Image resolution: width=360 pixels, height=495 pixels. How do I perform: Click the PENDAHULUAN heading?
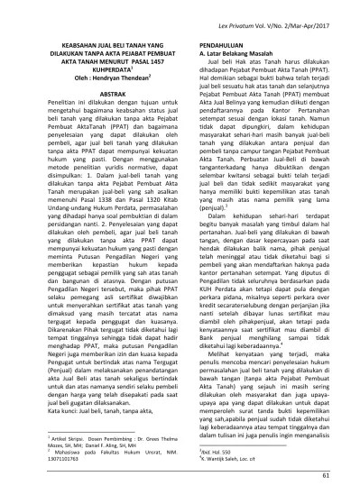217,42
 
